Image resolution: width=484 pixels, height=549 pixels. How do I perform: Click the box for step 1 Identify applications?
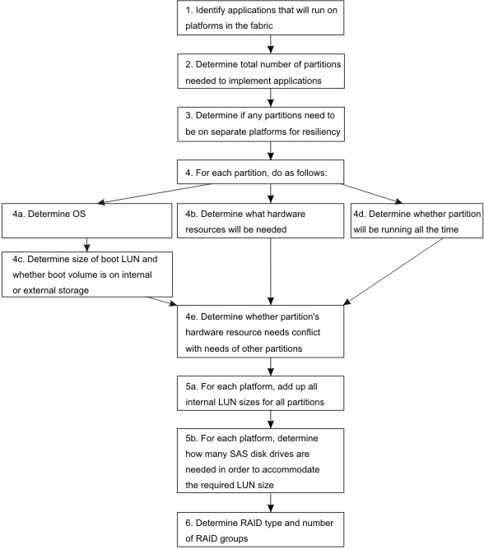pos(260,17)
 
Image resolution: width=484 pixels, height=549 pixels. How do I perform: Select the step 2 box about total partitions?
pos(261,71)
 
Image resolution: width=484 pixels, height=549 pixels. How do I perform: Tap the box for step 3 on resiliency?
pos(261,124)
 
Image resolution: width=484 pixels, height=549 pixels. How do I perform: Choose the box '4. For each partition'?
pos(260,172)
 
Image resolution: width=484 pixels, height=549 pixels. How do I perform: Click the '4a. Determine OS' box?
pos(87,220)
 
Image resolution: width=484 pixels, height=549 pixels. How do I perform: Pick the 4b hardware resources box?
pos(260,220)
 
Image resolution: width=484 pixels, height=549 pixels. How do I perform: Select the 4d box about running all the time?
pos(417,220)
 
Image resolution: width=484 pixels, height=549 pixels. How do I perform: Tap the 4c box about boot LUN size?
pos(87,274)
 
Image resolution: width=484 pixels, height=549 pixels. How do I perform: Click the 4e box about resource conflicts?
pos(260,331)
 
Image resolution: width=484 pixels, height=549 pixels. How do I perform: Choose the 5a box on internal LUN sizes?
pos(260,393)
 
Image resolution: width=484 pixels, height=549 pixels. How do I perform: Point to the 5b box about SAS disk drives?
pos(260,461)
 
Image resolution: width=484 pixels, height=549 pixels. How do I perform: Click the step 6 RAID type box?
pos(260,529)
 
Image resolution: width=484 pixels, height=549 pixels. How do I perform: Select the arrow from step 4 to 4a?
pos(154,194)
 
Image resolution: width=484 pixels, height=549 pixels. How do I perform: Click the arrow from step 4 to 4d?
pos(372,194)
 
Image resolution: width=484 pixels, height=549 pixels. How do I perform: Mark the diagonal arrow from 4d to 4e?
pos(393,272)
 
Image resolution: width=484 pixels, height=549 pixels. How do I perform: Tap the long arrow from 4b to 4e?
pos(271,272)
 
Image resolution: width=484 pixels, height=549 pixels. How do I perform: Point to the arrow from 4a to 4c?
pos(87,245)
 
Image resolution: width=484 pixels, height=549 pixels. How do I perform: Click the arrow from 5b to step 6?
pos(271,503)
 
